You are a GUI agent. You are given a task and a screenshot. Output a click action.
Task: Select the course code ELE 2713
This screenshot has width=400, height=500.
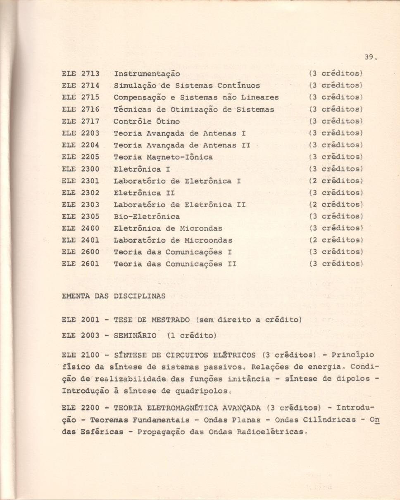click(x=81, y=74)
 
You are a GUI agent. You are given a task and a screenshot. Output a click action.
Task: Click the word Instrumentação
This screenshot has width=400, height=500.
click(x=147, y=74)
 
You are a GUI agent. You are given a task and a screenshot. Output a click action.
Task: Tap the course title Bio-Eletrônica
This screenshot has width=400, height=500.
click(x=147, y=216)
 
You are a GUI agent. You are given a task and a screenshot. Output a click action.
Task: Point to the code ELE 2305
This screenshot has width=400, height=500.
click(x=81, y=216)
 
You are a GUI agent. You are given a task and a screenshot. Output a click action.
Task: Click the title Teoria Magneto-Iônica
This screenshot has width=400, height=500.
click(x=163, y=157)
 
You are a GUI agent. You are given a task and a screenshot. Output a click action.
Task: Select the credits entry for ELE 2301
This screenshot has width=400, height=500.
click(x=336, y=181)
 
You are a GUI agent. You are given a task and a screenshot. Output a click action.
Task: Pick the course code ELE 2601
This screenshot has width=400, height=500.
click(x=81, y=264)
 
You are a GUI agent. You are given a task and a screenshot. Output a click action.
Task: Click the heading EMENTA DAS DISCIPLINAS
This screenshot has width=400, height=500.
click(x=113, y=296)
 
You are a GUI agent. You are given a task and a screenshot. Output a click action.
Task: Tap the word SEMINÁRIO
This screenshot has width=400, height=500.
click(x=135, y=336)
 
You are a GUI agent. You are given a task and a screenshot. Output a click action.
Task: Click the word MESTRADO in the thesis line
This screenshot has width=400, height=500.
click(x=170, y=320)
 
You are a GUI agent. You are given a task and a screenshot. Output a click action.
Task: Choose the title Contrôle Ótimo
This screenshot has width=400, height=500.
click(x=147, y=122)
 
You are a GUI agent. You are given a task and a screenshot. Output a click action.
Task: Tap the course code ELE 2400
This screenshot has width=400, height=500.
click(x=81, y=228)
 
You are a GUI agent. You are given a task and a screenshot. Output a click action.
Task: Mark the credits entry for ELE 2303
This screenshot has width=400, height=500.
click(x=336, y=205)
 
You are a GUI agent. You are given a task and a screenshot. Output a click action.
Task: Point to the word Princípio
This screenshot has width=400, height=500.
click(x=352, y=355)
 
